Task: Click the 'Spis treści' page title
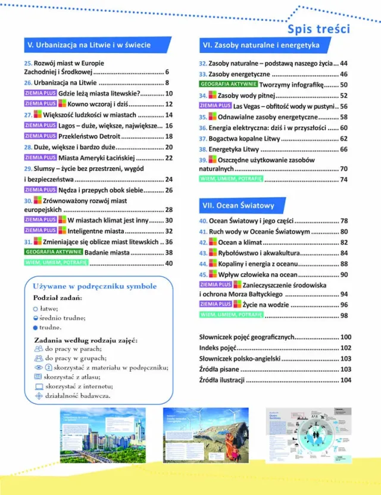318,29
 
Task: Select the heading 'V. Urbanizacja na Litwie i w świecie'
88,45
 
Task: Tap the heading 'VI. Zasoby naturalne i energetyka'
261,45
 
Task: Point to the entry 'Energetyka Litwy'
237,149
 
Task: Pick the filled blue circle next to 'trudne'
35,327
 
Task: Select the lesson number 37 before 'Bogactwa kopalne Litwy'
202,139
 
